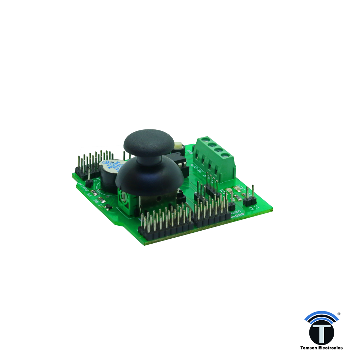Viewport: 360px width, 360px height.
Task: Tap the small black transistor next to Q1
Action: [108, 206]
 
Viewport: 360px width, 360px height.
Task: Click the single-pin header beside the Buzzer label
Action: [89, 182]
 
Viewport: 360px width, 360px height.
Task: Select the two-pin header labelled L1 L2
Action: [249, 201]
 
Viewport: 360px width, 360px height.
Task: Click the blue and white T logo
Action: [321, 330]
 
